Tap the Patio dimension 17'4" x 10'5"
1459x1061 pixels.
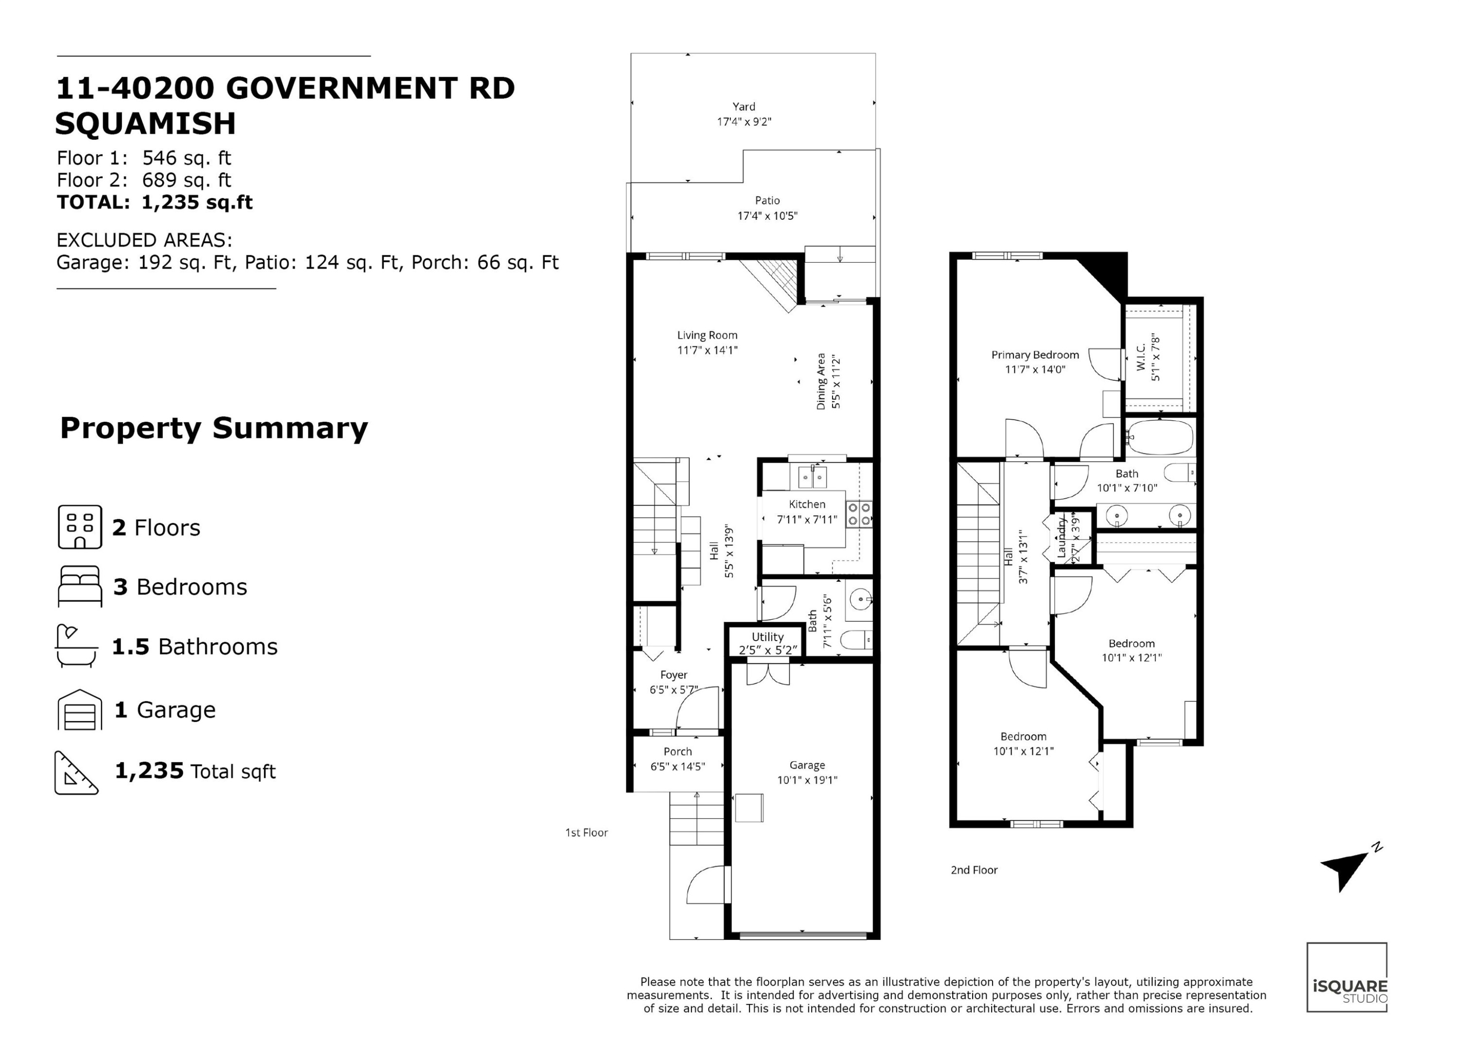[767, 216]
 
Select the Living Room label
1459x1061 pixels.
[707, 335]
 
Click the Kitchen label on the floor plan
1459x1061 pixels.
[807, 504]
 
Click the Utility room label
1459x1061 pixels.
[767, 636]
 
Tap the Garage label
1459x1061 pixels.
[807, 765]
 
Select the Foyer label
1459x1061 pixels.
[674, 675]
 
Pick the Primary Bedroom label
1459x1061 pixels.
[1035, 355]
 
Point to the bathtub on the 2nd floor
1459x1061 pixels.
[1160, 438]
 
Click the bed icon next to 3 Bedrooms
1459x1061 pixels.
[80, 586]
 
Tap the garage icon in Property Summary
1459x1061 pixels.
[80, 710]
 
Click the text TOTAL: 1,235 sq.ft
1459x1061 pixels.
[154, 203]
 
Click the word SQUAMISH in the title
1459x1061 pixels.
[146, 124]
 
